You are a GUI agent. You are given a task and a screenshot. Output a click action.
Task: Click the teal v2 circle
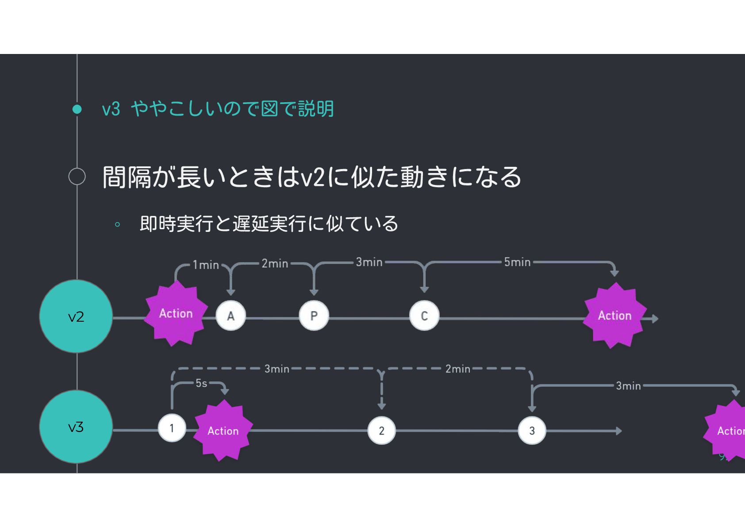pos(76,316)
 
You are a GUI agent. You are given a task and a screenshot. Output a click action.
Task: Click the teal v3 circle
pos(76,427)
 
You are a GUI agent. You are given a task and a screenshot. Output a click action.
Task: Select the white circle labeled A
pos(230,316)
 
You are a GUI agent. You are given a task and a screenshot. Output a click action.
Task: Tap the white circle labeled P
pos(314,316)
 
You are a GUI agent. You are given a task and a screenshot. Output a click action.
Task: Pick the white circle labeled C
pos(424,316)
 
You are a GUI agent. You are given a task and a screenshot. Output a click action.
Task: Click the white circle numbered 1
pos(172,428)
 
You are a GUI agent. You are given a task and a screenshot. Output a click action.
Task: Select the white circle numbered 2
pos(381,431)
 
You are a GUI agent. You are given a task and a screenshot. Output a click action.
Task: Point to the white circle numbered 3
pos(532,431)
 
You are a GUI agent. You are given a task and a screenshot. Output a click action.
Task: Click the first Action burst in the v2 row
pos(176,314)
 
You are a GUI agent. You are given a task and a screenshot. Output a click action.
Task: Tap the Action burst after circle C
pos(614,315)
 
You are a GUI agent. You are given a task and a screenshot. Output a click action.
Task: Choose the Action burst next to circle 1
pos(223,431)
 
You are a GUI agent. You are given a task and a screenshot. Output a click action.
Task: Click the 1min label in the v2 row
pos(206,265)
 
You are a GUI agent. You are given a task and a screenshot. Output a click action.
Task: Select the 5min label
pos(517,262)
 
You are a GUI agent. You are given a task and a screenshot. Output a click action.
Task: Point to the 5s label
pos(201,383)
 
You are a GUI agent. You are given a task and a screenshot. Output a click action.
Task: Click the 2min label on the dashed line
pos(457,369)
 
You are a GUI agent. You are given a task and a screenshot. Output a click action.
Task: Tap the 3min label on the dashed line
pos(276,369)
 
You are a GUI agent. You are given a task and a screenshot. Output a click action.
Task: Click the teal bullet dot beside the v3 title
pos(77,109)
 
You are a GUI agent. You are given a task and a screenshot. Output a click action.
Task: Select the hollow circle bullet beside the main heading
pos(77,176)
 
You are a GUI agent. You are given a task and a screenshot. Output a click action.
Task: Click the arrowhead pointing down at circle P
pos(314,292)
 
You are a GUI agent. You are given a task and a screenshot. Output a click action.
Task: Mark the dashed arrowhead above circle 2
pos(381,405)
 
